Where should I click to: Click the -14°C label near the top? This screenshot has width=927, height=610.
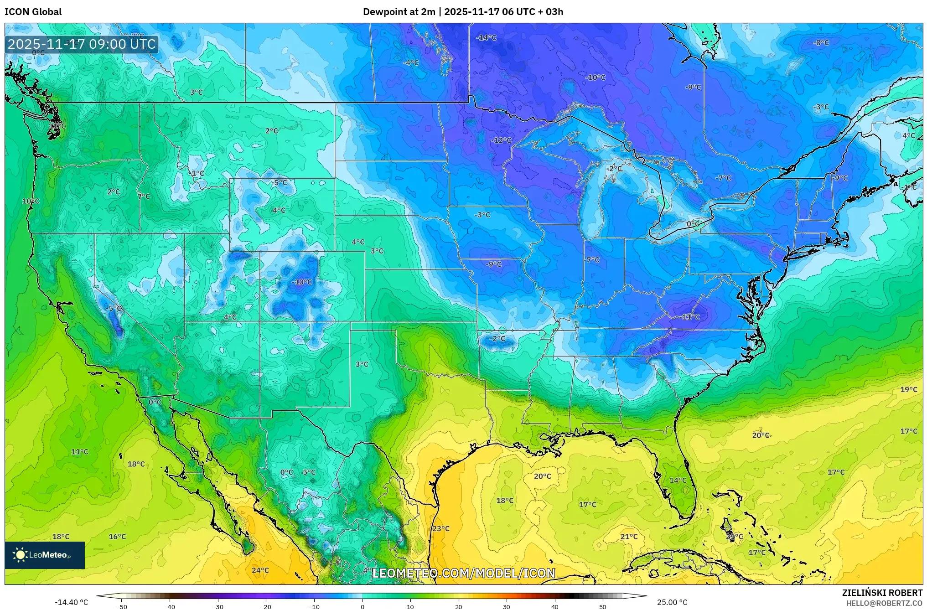pyautogui.click(x=486, y=37)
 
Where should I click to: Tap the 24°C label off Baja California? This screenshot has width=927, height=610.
pyautogui.click(x=260, y=570)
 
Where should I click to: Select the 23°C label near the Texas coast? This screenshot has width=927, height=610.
pyautogui.click(x=440, y=528)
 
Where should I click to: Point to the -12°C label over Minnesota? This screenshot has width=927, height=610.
pyautogui.click(x=501, y=140)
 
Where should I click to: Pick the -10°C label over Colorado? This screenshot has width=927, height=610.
pyautogui.click(x=302, y=282)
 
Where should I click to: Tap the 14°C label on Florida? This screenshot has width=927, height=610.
pyautogui.click(x=678, y=480)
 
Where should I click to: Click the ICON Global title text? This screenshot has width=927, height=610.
pyautogui.click(x=33, y=12)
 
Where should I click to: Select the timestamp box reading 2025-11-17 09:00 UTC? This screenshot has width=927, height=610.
pyautogui.click(x=82, y=44)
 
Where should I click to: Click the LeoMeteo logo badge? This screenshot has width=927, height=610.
pyautogui.click(x=44, y=555)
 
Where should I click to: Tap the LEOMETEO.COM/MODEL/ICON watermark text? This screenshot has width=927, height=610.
pyautogui.click(x=463, y=573)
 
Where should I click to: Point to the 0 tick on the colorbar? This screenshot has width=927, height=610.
pyautogui.click(x=362, y=606)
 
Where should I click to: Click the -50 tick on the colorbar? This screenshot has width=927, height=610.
pyautogui.click(x=122, y=606)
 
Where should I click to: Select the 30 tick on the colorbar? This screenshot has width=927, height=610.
pyautogui.click(x=507, y=606)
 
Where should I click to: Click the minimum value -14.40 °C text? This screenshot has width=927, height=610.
pyautogui.click(x=72, y=602)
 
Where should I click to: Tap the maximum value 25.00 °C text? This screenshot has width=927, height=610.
pyautogui.click(x=672, y=602)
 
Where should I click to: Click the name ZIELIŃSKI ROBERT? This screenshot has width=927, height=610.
pyautogui.click(x=882, y=593)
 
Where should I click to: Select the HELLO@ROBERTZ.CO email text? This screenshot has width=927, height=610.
pyautogui.click(x=884, y=603)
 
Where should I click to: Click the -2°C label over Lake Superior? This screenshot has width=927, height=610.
pyautogui.click(x=614, y=168)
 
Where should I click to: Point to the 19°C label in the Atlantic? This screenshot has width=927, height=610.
pyautogui.click(x=908, y=389)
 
